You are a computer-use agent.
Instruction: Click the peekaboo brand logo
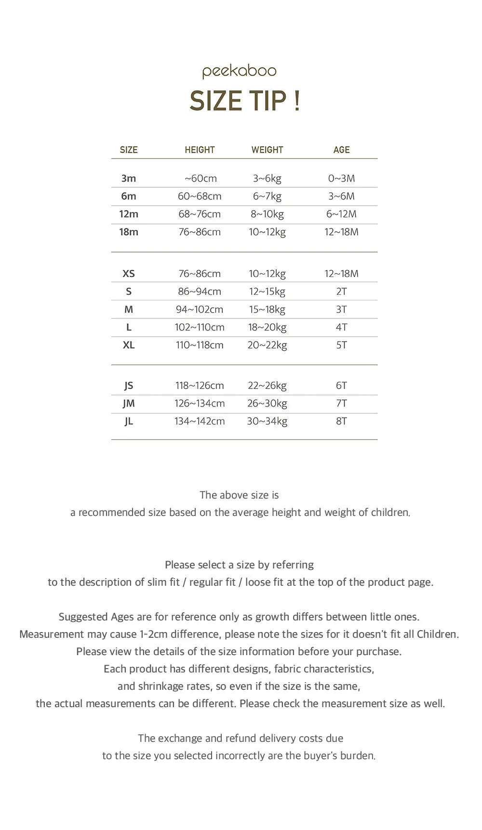(x=240, y=71)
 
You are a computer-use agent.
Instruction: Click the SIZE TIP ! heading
(x=245, y=101)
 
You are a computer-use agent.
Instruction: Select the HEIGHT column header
(x=200, y=150)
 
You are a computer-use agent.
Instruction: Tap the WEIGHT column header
(x=267, y=150)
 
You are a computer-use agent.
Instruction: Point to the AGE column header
(x=341, y=150)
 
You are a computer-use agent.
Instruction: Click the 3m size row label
(x=129, y=178)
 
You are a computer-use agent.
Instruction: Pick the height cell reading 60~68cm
(x=200, y=196)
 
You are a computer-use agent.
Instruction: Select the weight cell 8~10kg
(x=267, y=214)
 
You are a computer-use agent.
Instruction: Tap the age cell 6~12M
(x=341, y=214)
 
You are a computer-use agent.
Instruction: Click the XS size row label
(x=129, y=274)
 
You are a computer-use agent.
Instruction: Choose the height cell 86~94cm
(x=200, y=291)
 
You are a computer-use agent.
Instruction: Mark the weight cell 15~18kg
(x=267, y=309)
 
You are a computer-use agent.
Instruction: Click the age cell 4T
(x=341, y=327)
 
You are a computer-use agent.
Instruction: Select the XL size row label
(x=129, y=345)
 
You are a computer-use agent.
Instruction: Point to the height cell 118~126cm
(x=200, y=385)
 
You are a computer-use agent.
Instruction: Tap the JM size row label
(x=129, y=403)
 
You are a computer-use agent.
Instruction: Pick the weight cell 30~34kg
(x=267, y=421)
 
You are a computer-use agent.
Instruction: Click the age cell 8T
(x=341, y=421)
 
